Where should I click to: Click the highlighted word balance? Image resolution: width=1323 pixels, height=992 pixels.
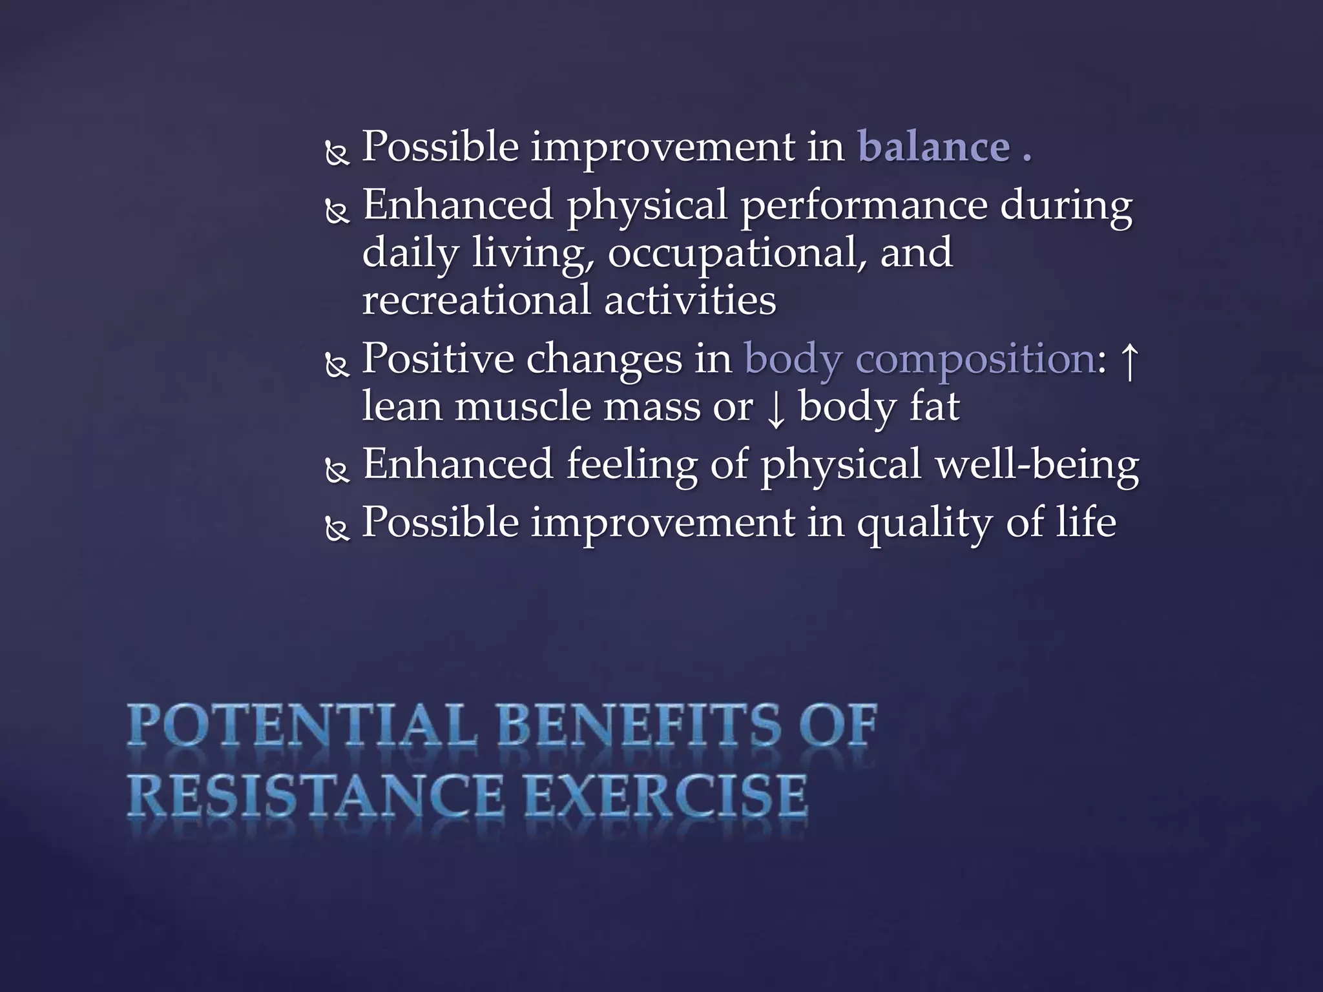coord(933,147)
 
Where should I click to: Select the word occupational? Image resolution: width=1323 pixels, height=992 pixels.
coord(737,254)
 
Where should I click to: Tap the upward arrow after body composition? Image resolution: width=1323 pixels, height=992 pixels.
coord(1129,362)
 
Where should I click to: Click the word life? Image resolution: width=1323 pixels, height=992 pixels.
coord(1086,522)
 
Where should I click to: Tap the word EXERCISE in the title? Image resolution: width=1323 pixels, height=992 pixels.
coord(666,796)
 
